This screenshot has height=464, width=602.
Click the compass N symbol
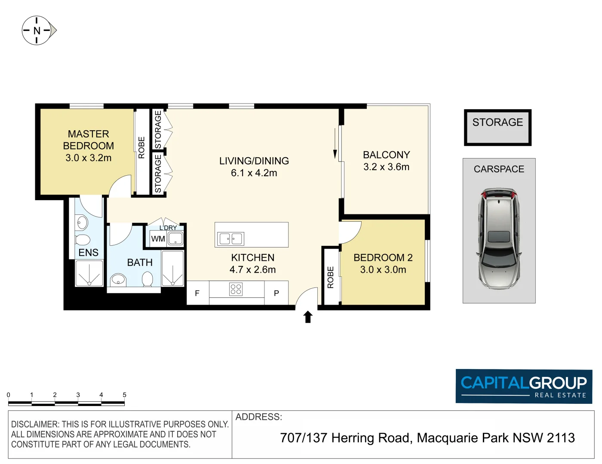[x=37, y=31]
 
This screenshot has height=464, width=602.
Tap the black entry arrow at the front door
[x=308, y=317]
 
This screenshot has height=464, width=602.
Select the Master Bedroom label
[x=89, y=140]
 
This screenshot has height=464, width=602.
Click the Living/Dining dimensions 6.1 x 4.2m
[x=254, y=173]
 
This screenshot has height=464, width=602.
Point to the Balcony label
[x=387, y=155]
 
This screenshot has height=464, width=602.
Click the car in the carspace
[x=499, y=238]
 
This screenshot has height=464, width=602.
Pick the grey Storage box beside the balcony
[x=498, y=128]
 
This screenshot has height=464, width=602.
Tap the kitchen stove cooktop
[x=236, y=289]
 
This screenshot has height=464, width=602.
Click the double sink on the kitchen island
[x=230, y=239]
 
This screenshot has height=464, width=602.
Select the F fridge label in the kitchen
[x=197, y=293]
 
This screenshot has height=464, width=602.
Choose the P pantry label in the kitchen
[x=276, y=293]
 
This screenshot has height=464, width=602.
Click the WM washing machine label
[x=158, y=239]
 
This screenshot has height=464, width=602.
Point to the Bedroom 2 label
[x=383, y=258]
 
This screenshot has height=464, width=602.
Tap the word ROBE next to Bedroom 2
[x=331, y=277]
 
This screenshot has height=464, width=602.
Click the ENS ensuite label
[x=89, y=253]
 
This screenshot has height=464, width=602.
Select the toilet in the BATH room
[x=147, y=279]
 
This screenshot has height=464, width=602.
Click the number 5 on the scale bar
[x=124, y=395]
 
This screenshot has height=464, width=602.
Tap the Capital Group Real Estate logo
[x=524, y=386]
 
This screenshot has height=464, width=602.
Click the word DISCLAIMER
[x=35, y=424]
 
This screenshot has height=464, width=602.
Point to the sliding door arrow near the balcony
[x=335, y=143]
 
